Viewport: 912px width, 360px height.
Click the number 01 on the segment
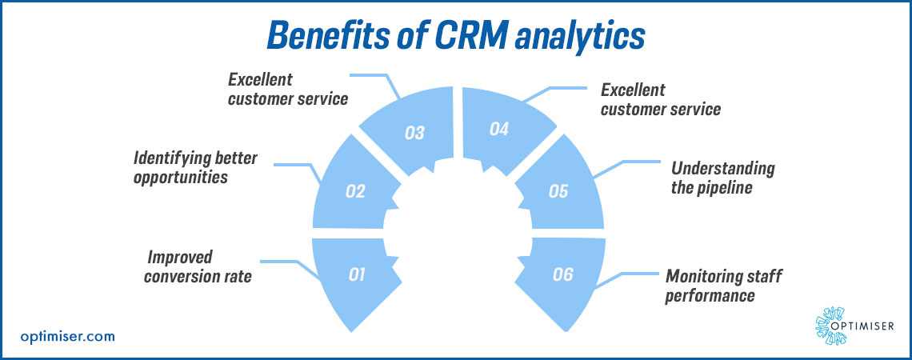coord(357,274)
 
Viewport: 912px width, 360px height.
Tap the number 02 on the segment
coord(355,191)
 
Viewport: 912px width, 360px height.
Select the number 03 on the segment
coord(414,133)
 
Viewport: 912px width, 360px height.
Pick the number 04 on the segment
coord(498,128)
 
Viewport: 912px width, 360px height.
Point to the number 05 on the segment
coord(558,191)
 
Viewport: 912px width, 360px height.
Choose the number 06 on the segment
coord(562,274)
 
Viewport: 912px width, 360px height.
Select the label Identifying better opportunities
coord(195,167)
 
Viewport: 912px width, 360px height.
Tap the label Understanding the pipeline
coord(722,178)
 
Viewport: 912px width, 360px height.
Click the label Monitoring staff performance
coord(724,286)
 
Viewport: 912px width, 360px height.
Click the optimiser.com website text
coord(68,337)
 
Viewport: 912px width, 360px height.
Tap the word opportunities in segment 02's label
coord(181,177)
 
